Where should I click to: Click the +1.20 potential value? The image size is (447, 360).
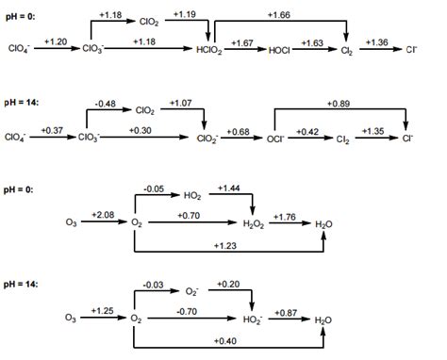pyautogui.click(x=54, y=41)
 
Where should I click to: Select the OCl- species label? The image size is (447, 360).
pyautogui.click(x=273, y=138)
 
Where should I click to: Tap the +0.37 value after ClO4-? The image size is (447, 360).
pyautogui.click(x=54, y=130)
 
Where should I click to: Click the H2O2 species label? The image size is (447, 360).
pyautogui.click(x=252, y=223)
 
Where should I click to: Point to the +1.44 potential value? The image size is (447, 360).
pyautogui.click(x=227, y=189)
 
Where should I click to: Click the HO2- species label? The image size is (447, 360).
pyautogui.click(x=252, y=320)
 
